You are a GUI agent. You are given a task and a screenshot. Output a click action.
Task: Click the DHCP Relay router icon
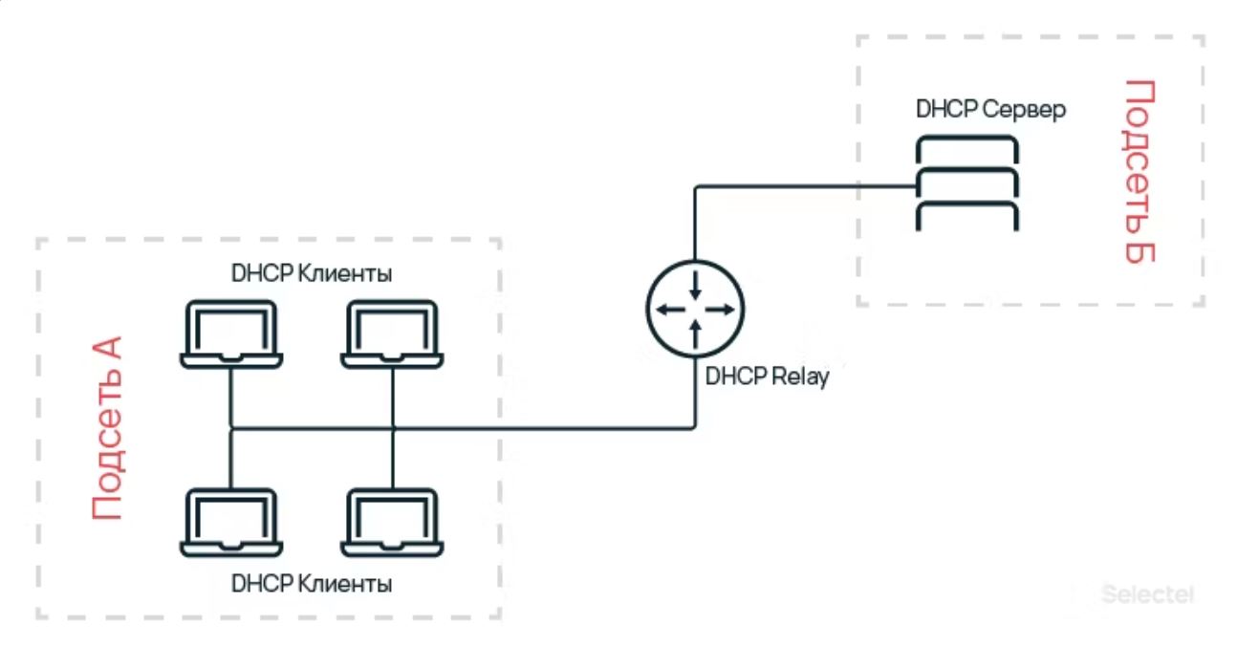(695, 308)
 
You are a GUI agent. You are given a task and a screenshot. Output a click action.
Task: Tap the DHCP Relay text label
(767, 377)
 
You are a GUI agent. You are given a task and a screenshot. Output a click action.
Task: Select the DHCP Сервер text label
(990, 109)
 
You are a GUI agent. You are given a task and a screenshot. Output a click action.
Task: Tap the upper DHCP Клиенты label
(312, 274)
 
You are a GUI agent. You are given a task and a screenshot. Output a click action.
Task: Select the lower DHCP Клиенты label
(312, 583)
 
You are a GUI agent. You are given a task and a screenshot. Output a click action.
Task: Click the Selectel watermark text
(1147, 593)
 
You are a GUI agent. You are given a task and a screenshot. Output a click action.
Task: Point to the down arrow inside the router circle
(695, 285)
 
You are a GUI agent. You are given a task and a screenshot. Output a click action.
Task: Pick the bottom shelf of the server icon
(966, 217)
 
